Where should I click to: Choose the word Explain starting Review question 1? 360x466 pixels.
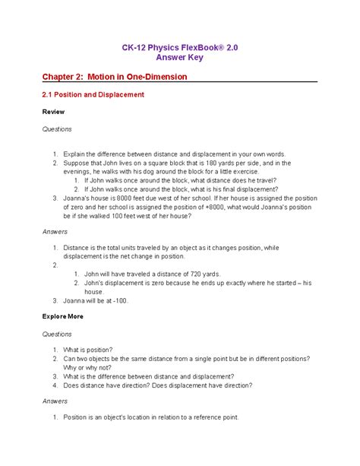[x=77, y=153]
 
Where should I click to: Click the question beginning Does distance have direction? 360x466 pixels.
[x=158, y=385]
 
